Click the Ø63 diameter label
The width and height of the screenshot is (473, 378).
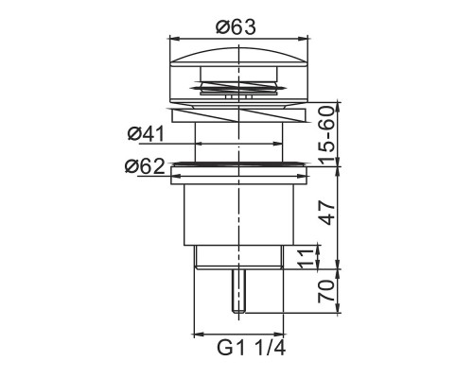[x=236, y=27]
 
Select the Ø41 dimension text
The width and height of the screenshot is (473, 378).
[x=146, y=134]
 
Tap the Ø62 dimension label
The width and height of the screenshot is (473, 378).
[x=145, y=166]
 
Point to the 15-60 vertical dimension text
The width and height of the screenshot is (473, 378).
[x=325, y=135]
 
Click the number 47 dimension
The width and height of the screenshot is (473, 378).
[x=326, y=214]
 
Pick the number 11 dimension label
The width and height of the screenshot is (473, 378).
[x=307, y=259]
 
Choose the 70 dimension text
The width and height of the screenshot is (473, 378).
[x=325, y=291]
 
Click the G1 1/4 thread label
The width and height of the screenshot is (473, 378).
[x=252, y=349]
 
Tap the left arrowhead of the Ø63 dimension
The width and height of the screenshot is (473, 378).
[x=174, y=39]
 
